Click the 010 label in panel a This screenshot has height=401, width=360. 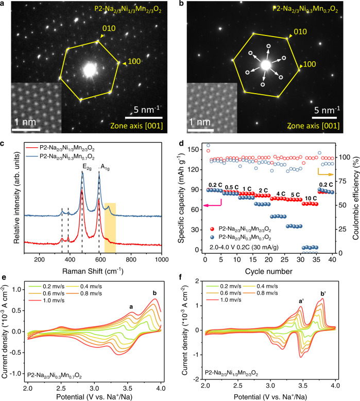click(109, 28)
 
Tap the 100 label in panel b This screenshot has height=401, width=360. click(310, 64)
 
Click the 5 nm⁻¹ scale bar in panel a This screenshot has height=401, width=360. click(144, 118)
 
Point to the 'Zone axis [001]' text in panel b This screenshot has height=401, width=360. click(313, 126)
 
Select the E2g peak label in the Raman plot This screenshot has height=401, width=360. click(87, 167)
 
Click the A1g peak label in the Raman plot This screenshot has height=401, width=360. click(105, 167)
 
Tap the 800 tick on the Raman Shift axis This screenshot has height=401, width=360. click(131, 259)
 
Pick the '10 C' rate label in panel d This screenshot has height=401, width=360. click(311, 198)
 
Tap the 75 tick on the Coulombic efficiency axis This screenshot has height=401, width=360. click(343, 181)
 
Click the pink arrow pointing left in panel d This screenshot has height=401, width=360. click(212, 204)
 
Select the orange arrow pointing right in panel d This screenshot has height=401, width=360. click(325, 172)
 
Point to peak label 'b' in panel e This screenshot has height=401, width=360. click(155, 293)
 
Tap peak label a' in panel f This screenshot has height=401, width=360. click(301, 301)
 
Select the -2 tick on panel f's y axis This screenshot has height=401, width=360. click(196, 379)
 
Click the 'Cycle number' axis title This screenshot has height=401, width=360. click(269, 271)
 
